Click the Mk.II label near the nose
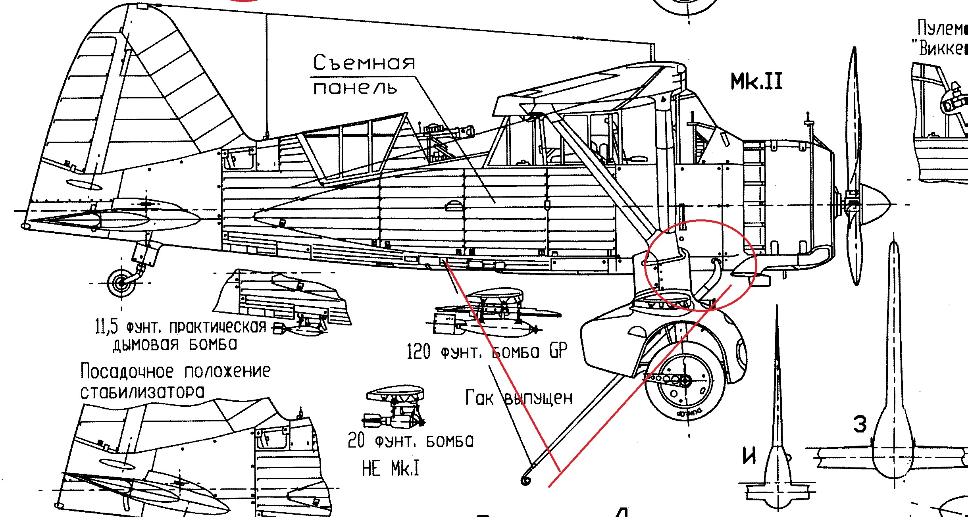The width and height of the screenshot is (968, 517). click(756, 82)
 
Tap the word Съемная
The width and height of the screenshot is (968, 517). click(364, 63)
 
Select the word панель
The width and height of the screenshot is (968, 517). click(355, 88)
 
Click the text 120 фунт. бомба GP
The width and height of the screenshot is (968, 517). click(487, 351)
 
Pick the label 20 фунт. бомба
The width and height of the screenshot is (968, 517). click(411, 441)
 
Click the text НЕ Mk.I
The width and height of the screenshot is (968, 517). click(391, 469)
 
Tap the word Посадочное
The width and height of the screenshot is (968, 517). click(127, 371)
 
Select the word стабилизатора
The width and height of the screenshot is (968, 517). click(142, 392)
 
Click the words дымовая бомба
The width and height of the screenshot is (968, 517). click(175, 344)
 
